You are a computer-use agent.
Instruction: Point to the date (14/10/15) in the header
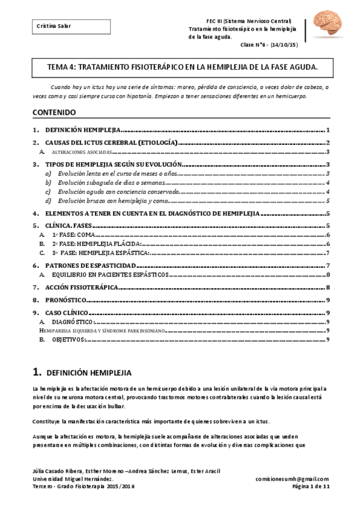coord(285,45)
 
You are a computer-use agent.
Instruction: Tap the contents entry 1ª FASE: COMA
coord(70,235)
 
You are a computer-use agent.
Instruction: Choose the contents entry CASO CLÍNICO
coord(67,313)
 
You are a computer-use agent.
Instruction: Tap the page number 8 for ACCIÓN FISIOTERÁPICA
coord(327,288)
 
